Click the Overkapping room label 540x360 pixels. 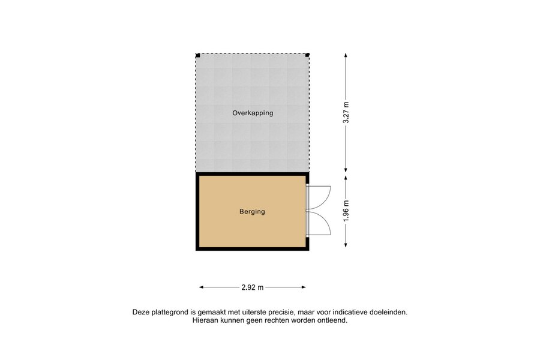[253, 113]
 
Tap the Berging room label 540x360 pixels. [252, 212]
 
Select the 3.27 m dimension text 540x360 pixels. [346, 113]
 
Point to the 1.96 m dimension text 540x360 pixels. [346, 211]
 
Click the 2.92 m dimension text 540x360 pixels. [253, 287]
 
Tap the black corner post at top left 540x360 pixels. [198, 55]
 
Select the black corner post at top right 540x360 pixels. [308, 55]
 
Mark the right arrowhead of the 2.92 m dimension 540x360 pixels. [304, 287]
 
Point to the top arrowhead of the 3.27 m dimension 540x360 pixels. [346, 55]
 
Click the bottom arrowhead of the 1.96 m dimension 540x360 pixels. [346, 245]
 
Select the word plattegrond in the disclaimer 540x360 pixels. [169, 313]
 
